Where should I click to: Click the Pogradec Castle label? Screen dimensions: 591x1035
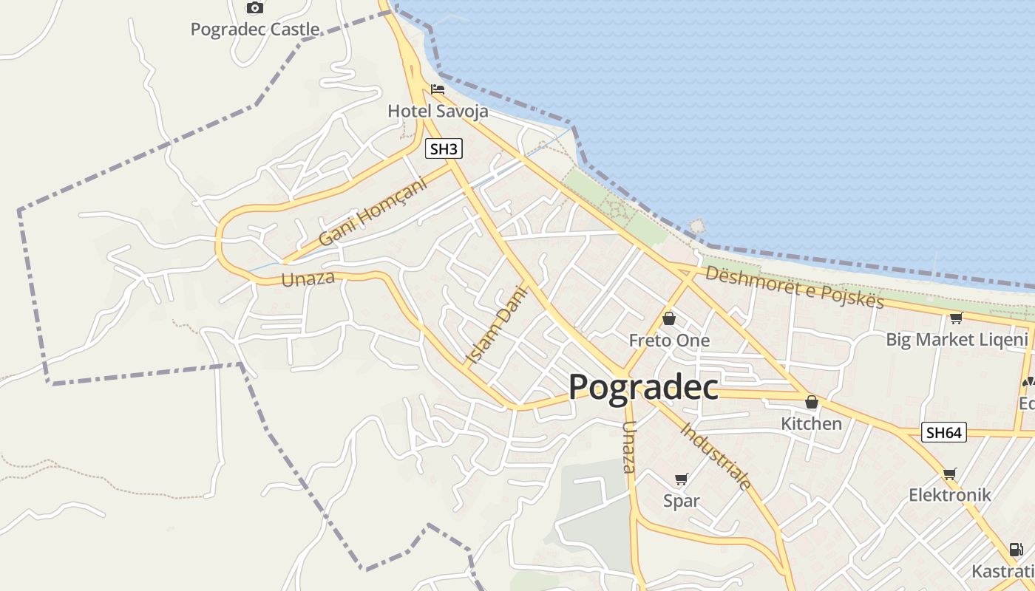[x=255, y=30]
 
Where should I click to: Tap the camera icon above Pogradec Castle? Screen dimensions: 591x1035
[x=255, y=8]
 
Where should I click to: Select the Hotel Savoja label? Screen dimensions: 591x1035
[x=438, y=112]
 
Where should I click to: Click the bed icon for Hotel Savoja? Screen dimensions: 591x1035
[x=438, y=90]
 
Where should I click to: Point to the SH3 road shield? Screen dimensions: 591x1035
[x=444, y=148]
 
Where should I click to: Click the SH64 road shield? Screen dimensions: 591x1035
[x=944, y=433]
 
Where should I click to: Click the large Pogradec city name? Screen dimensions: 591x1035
[x=643, y=386]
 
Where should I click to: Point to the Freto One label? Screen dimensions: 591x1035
[x=669, y=341]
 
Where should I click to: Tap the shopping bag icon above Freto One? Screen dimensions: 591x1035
[x=669, y=318]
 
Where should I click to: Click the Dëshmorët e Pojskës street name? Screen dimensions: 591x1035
[x=794, y=287]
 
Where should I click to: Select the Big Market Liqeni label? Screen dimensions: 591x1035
[x=957, y=340]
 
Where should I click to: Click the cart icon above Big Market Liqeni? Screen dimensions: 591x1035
[x=956, y=318]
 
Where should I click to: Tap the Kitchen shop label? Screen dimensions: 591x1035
[x=811, y=423]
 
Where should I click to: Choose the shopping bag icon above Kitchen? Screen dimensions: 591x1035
[x=811, y=402]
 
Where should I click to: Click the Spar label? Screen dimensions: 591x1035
[x=681, y=500]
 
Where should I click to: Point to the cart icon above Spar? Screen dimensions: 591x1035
[x=681, y=479]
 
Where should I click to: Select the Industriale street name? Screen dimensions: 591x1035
[x=716, y=456]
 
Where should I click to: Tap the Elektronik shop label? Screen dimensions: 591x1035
[x=949, y=495]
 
